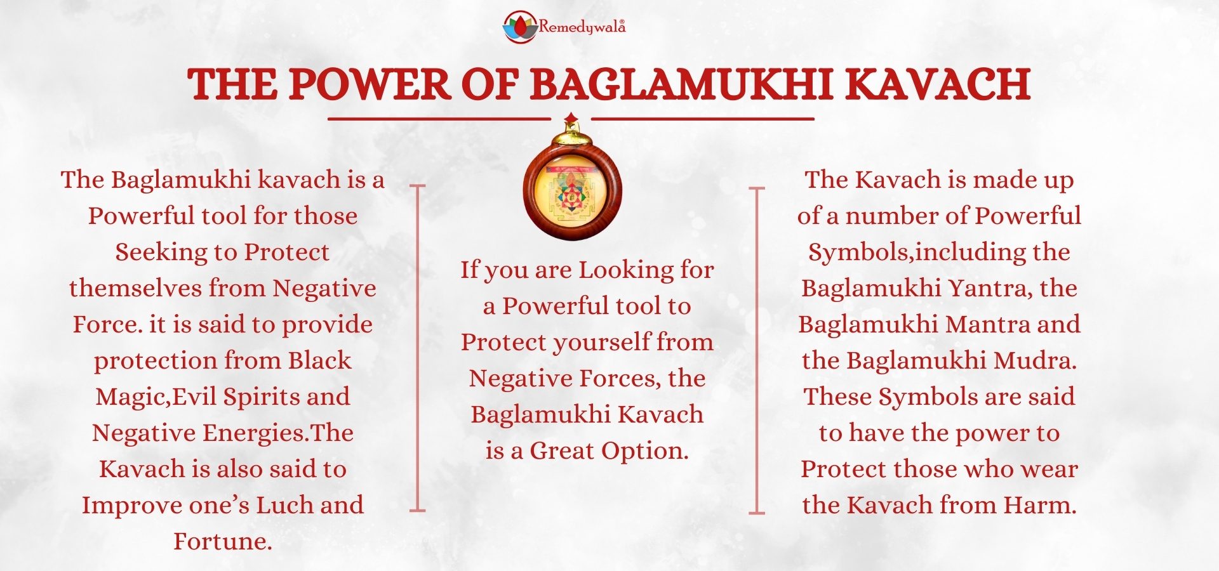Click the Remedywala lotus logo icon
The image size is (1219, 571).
(x=520, y=27)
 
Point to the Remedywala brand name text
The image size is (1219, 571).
(x=582, y=26)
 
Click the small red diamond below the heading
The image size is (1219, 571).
(x=571, y=117)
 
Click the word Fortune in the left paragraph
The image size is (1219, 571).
(x=223, y=541)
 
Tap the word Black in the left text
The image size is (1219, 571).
(x=319, y=360)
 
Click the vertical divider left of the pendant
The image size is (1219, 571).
(x=417, y=348)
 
